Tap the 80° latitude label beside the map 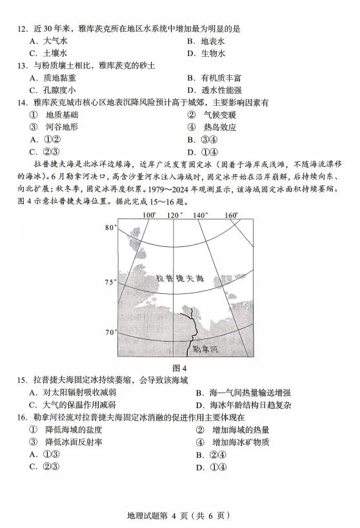tap(110, 228)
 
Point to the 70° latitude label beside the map tap(110, 332)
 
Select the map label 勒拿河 tap(206, 349)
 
